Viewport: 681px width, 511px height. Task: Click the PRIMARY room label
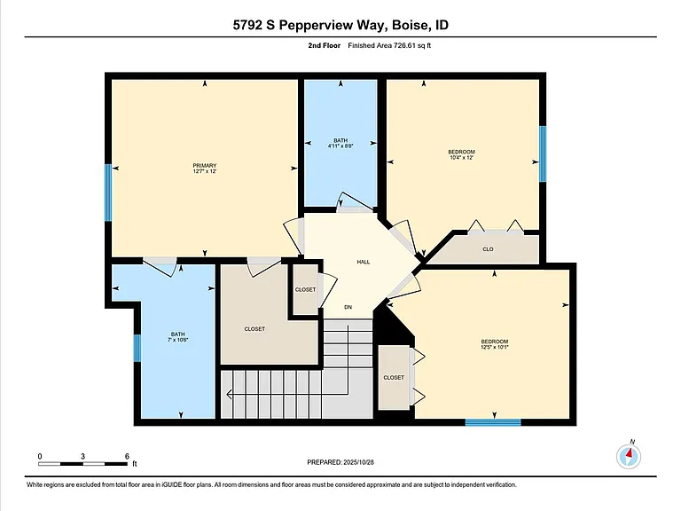click(205, 166)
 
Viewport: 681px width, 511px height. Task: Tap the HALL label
click(364, 262)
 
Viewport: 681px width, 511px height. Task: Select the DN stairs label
click(348, 307)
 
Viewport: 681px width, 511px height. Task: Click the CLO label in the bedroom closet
click(488, 249)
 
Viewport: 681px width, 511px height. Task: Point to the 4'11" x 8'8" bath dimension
click(340, 146)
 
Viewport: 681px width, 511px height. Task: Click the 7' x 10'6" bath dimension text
click(177, 340)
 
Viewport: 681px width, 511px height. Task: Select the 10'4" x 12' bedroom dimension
click(461, 158)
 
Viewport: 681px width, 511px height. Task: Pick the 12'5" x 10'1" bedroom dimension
click(494, 347)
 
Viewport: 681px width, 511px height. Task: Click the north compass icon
click(629, 456)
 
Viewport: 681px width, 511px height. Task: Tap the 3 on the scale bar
click(82, 456)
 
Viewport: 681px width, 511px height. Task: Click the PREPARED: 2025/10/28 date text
click(340, 462)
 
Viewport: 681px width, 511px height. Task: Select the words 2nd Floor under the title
click(324, 45)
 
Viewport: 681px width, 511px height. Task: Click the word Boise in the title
click(410, 25)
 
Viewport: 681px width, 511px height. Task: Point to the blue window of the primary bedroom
click(108, 193)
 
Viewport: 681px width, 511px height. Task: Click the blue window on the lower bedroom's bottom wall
click(493, 422)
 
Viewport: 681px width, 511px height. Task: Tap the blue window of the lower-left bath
click(137, 348)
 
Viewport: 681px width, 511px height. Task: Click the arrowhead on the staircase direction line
click(229, 395)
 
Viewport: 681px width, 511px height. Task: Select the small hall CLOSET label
click(305, 290)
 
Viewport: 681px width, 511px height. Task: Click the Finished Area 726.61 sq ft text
click(389, 45)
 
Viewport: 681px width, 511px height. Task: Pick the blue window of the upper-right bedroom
click(543, 153)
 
